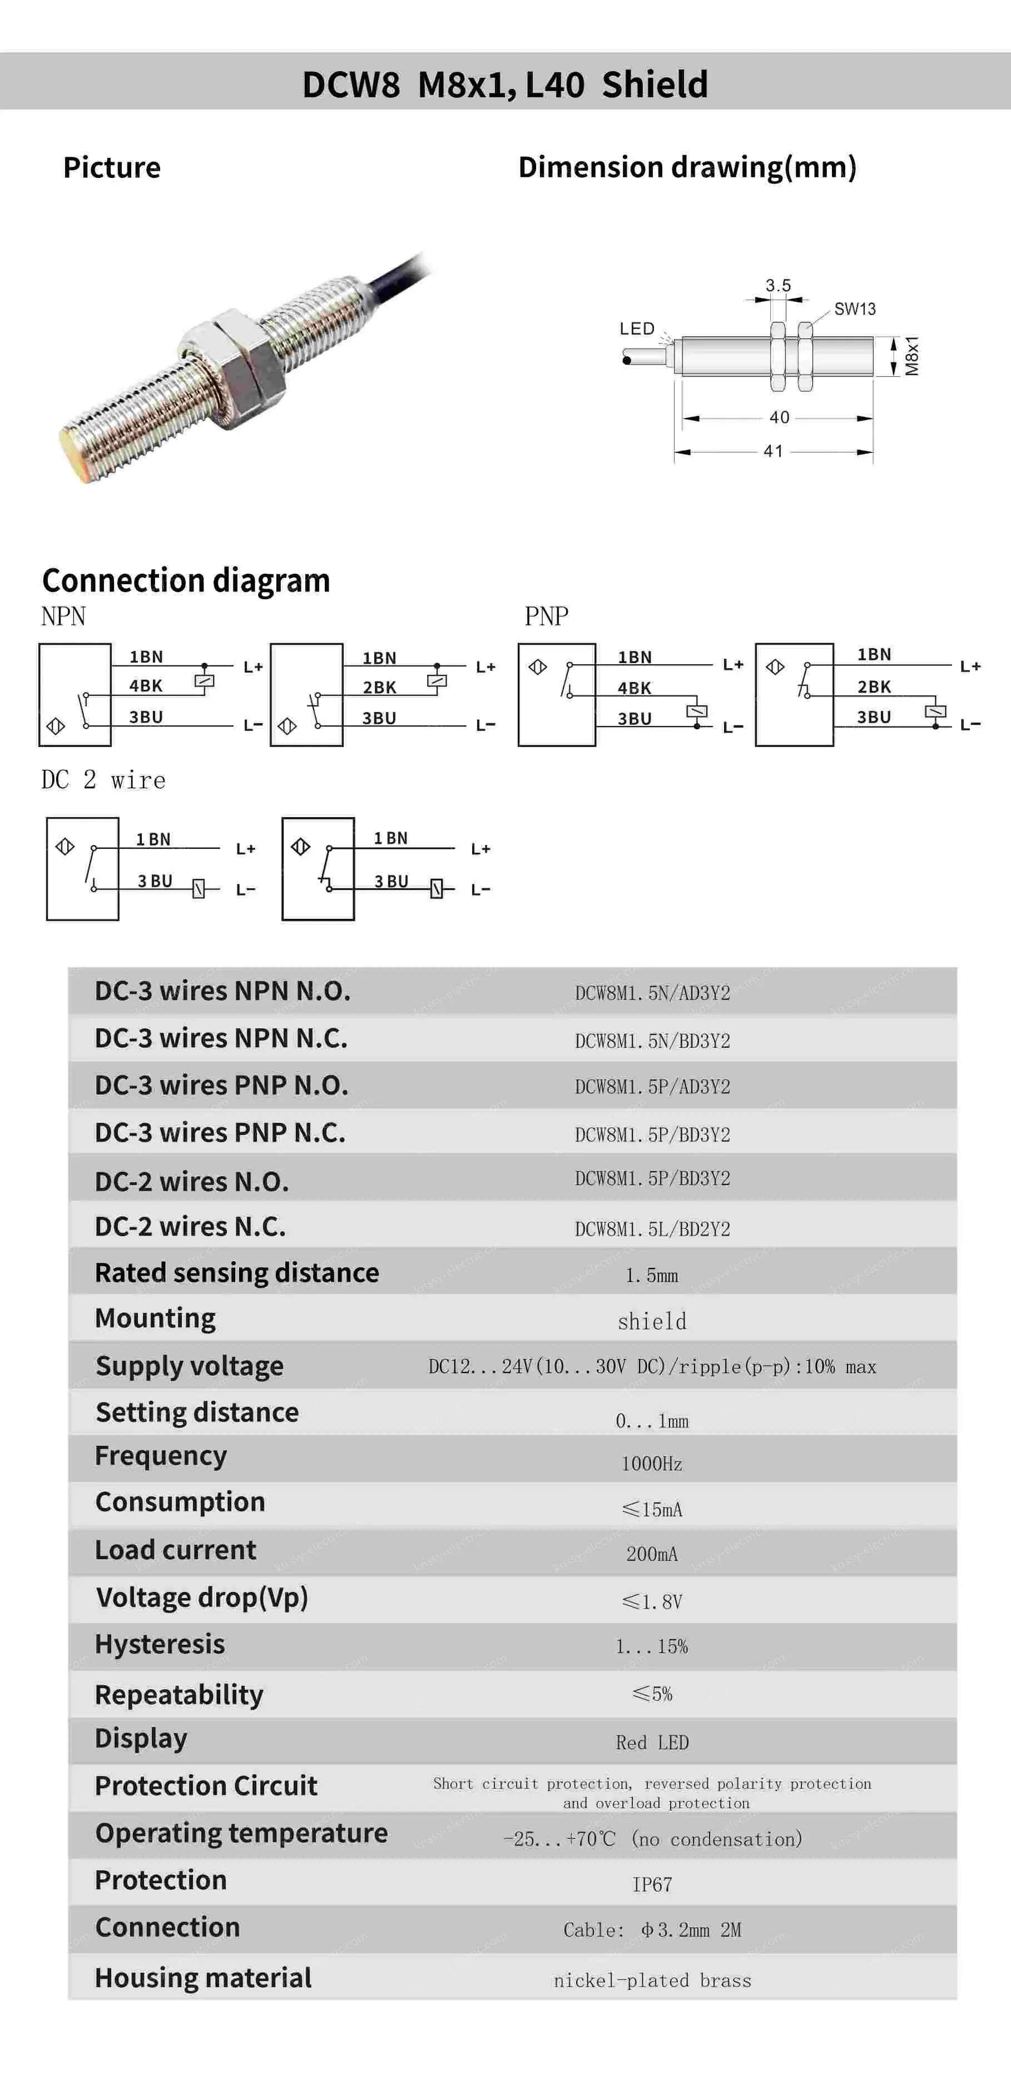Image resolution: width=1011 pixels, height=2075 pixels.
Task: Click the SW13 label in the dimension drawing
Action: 854,308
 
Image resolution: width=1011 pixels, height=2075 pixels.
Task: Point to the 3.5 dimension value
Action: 777,285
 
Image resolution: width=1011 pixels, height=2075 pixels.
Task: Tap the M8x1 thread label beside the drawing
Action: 911,355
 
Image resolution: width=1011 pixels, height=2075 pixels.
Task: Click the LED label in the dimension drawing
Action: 636,329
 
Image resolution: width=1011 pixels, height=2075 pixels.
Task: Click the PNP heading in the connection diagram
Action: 546,616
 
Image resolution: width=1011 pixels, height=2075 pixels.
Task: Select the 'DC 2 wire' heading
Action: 103,780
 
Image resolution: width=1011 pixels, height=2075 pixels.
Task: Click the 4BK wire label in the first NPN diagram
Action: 146,685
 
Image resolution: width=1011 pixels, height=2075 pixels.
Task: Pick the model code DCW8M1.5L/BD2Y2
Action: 652,1228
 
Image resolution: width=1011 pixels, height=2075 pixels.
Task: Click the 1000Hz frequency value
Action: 652,1464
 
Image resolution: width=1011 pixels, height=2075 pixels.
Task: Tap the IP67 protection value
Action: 652,1885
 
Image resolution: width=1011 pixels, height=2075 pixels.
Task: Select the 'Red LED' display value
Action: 652,1743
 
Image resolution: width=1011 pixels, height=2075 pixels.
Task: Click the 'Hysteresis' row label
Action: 160,1644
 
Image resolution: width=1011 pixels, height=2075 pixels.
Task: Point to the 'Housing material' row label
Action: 203,1978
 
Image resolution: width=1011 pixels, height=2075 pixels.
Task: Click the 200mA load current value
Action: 652,1554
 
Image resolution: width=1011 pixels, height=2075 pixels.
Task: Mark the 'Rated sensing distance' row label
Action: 237,1273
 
